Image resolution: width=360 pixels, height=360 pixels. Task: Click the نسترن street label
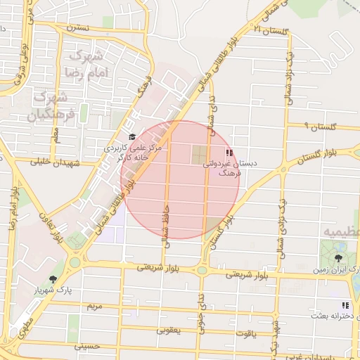tap(77, 28)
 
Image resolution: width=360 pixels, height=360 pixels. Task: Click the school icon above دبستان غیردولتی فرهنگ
tap(228, 151)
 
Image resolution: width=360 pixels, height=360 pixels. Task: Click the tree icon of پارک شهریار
tap(53, 279)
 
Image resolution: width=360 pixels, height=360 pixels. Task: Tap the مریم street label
tap(94, 307)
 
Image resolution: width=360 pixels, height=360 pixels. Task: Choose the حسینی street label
tap(89, 346)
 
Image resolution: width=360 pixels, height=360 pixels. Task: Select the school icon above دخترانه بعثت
tap(345, 305)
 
